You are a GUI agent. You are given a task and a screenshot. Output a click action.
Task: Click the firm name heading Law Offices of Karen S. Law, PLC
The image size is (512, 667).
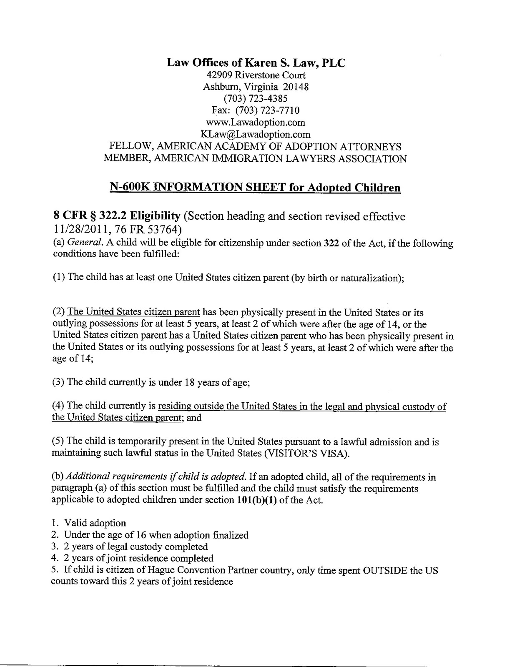(x=256, y=63)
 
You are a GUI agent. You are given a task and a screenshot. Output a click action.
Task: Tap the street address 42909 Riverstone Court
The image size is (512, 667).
(x=256, y=75)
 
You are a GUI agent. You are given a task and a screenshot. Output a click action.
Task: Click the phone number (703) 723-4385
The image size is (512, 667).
(x=256, y=99)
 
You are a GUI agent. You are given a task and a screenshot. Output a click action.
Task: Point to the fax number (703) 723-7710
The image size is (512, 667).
(x=267, y=110)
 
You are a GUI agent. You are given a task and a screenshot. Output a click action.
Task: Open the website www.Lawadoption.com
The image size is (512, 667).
(x=256, y=123)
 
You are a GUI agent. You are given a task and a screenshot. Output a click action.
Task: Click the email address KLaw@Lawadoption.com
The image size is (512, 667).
(x=256, y=134)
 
